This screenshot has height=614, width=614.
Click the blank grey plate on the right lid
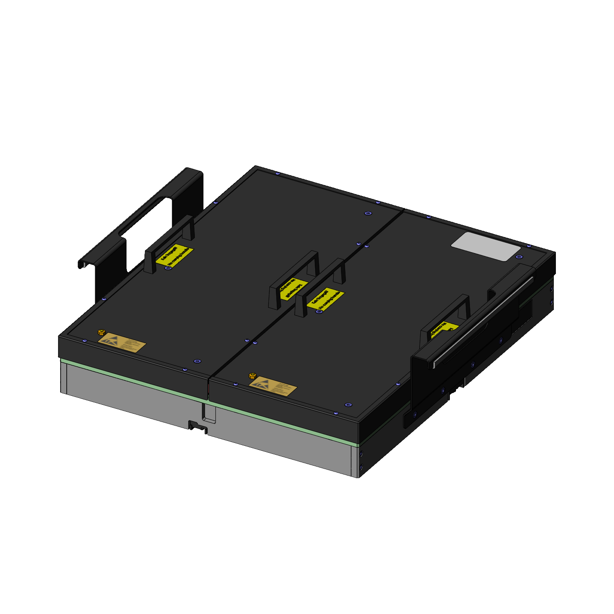(486, 246)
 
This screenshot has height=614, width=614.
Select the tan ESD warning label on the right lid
(273, 386)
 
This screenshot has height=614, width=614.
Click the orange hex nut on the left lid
(102, 332)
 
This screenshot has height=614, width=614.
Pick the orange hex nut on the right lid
(252, 376)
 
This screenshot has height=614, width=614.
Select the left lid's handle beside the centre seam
(293, 278)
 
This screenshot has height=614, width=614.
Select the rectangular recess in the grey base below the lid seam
(209, 413)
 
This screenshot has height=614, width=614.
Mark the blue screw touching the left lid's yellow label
(167, 268)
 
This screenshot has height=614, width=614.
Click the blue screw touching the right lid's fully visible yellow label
(319, 312)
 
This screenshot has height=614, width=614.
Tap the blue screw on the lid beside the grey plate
(519, 257)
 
